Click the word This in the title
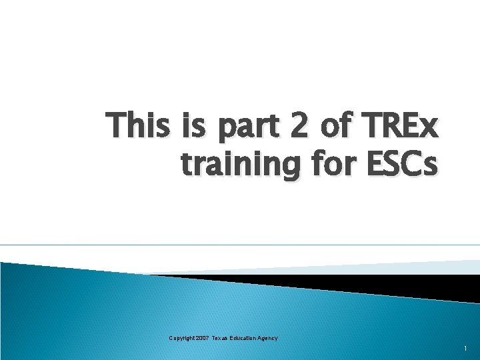point(139,125)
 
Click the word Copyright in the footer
point(182,339)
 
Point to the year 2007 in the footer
point(203,339)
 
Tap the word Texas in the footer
point(221,339)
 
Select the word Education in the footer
point(246,339)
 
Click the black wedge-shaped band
point(373,283)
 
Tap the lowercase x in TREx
point(429,128)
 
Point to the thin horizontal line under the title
point(240,245)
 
